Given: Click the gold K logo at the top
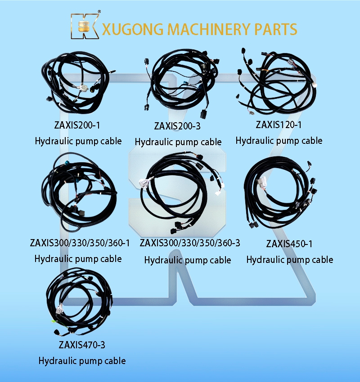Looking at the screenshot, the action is (x=85, y=26).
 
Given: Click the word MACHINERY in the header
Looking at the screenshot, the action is (x=209, y=29).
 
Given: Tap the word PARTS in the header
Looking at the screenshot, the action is (x=275, y=29).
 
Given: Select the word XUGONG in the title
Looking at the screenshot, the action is (x=133, y=29).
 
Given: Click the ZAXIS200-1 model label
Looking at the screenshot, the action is (x=77, y=125).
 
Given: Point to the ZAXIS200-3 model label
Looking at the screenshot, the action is (x=177, y=126).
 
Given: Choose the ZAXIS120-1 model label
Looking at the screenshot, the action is (x=279, y=125).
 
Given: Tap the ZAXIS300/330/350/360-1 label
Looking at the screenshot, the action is (x=80, y=243).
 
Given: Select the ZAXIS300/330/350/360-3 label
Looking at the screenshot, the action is (x=190, y=243).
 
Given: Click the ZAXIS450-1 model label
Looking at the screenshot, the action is (x=289, y=244).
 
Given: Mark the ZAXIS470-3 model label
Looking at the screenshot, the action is (x=82, y=345).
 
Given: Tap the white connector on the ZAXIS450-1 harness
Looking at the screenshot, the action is (x=261, y=183).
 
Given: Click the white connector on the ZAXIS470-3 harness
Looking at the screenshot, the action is (x=59, y=309).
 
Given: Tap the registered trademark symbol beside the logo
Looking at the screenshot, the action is (x=99, y=11).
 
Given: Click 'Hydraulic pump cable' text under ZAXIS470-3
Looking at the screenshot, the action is (x=82, y=361).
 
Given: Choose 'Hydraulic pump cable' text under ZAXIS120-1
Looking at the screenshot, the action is (x=279, y=141).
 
